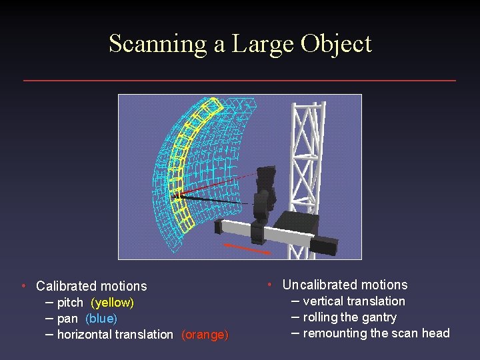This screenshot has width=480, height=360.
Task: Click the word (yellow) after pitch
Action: tap(112, 303)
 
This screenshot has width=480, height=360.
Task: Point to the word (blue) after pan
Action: tap(101, 319)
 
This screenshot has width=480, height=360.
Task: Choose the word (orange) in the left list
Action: tap(205, 335)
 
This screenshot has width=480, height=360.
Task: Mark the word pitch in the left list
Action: tap(70, 303)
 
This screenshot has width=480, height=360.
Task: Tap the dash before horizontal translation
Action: tap(50, 334)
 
